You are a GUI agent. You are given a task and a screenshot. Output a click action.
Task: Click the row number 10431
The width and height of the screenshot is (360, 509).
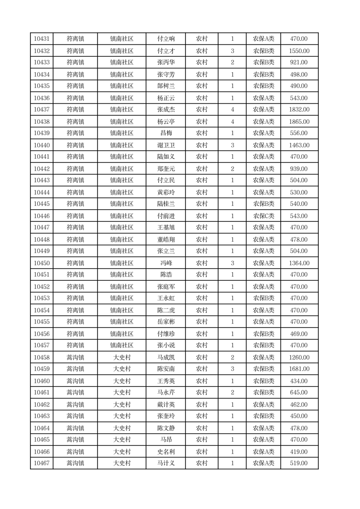(42, 39)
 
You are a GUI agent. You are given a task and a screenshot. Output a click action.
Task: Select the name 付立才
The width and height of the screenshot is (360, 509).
(166, 51)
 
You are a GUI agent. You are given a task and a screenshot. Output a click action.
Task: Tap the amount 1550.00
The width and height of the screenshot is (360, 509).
(299, 51)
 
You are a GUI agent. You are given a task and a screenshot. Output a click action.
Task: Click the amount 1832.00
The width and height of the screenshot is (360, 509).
(299, 109)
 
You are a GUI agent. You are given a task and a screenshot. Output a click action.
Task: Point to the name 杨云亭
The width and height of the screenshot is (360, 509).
(166, 122)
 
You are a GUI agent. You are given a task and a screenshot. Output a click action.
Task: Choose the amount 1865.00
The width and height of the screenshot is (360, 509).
(299, 122)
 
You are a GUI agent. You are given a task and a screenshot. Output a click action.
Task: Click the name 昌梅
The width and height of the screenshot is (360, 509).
(166, 133)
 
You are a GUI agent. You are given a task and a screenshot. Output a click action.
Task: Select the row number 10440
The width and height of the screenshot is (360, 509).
(42, 145)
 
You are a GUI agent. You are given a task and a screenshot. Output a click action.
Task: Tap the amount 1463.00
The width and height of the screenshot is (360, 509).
(299, 145)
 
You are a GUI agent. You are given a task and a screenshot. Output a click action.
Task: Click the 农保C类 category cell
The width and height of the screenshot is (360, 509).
(263, 216)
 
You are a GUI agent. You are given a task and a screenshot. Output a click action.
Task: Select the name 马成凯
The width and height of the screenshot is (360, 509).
(166, 357)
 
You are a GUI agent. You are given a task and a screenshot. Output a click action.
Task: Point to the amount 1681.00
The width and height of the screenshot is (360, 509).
(299, 369)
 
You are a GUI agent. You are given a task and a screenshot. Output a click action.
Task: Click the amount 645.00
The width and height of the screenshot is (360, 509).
(299, 392)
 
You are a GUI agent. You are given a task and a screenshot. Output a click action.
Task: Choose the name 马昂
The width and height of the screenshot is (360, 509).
(166, 440)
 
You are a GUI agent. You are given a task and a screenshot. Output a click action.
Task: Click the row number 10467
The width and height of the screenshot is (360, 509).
(42, 463)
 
